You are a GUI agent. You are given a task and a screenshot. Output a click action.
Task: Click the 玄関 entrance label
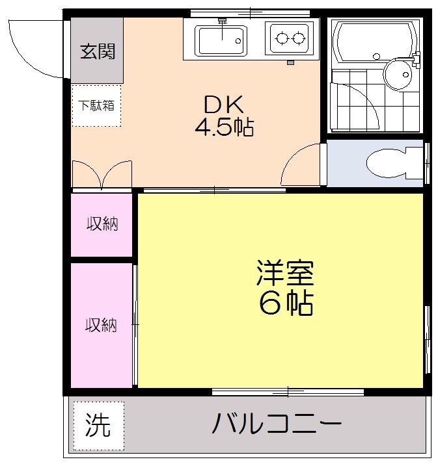click(x=97, y=51)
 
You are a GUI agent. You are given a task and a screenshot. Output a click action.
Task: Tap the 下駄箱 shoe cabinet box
click(x=96, y=105)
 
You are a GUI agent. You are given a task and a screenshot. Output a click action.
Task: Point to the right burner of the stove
click(x=300, y=38)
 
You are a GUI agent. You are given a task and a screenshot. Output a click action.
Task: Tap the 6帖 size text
click(x=285, y=302)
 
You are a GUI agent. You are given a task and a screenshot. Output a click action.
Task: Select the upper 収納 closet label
click(x=102, y=225)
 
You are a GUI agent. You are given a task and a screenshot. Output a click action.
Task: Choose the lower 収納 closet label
click(x=102, y=325)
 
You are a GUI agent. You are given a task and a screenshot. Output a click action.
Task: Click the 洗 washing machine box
click(x=98, y=426)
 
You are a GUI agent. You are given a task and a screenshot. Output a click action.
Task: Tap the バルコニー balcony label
click(x=276, y=425)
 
